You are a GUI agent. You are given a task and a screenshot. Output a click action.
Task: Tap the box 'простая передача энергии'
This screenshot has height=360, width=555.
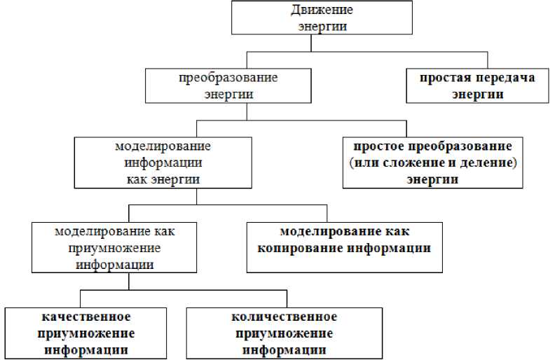(477, 85)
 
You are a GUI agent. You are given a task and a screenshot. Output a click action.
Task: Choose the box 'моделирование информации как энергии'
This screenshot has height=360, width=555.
(162, 163)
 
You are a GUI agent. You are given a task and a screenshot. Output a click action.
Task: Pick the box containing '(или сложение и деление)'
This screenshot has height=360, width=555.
(432, 163)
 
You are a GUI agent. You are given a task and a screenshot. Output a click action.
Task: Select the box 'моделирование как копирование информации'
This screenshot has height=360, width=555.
(344, 247)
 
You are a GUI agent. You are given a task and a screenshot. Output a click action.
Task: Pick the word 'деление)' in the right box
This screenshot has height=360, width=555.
(493, 163)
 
